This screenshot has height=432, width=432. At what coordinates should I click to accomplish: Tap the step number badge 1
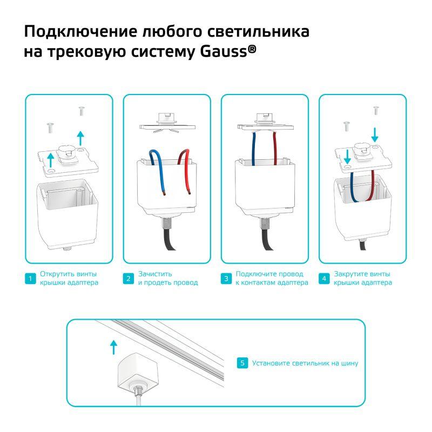(x=30, y=278)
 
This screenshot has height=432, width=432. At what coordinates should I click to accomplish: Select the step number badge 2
(x=129, y=278)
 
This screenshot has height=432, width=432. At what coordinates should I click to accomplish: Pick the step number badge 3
(x=226, y=278)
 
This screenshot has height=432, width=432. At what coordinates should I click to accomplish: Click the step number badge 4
(x=324, y=278)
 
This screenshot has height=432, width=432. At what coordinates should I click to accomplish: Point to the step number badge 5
(x=242, y=363)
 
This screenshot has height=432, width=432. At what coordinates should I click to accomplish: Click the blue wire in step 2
(x=159, y=171)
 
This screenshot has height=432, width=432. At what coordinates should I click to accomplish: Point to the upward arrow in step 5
(x=113, y=347)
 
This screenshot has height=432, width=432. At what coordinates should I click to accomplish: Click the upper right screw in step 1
(x=82, y=111)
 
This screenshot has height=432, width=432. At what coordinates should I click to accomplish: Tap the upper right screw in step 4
(x=376, y=110)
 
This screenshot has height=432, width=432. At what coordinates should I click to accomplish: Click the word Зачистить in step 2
(x=155, y=274)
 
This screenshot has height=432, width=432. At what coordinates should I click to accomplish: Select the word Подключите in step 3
(x=253, y=274)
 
